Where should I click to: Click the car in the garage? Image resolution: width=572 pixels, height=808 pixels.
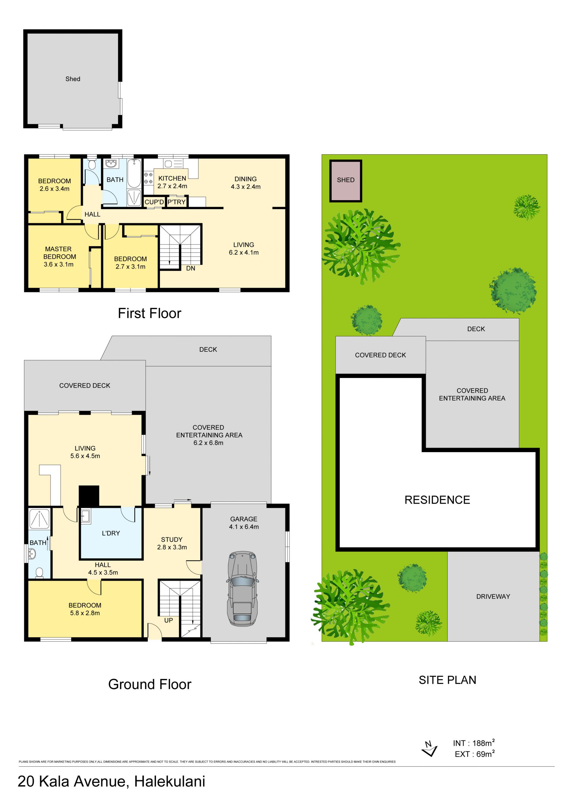[x=243, y=589]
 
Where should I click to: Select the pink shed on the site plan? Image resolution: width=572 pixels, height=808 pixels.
[x=346, y=181]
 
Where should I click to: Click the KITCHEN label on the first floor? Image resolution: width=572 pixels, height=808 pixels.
[x=172, y=178]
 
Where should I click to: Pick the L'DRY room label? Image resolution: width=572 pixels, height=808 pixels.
[x=111, y=533]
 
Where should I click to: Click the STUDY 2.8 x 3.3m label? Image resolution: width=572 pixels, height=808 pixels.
[x=172, y=543]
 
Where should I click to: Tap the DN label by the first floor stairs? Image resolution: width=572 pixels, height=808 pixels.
[x=191, y=268]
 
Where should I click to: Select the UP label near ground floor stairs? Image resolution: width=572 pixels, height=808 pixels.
[x=168, y=620]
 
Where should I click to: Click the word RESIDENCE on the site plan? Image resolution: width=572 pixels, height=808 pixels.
[x=437, y=500]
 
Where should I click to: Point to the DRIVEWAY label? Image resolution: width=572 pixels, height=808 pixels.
[x=493, y=597]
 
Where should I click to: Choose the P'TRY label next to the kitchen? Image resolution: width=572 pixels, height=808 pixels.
[x=176, y=202]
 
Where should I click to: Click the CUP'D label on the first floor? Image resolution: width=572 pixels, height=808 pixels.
[x=154, y=202]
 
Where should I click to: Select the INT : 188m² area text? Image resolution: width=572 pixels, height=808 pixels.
[x=474, y=743]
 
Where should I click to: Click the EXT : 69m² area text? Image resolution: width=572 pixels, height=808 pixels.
[x=475, y=754]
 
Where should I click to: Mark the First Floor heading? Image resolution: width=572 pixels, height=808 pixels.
[x=149, y=313]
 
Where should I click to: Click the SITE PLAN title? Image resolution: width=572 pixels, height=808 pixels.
[x=447, y=680]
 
